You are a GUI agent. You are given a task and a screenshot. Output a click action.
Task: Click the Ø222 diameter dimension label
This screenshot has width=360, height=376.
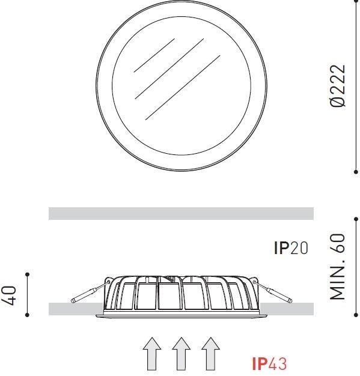coord(338,86)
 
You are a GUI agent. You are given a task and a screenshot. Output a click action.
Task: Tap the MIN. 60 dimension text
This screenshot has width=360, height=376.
coord(337,267)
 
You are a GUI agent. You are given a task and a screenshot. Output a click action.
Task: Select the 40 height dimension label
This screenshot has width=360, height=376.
coord(9,296)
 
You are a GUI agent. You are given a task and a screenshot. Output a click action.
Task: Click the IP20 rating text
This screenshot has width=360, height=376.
coord(291,247)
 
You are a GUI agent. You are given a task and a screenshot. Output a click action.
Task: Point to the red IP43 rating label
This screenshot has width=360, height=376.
coord(269,363)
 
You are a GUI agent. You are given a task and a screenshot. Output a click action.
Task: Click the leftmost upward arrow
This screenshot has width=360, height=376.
coord(152,354)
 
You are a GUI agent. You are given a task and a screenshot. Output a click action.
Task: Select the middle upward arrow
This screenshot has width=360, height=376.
coord(182,354)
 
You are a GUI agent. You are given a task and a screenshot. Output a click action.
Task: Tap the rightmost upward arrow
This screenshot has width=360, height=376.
coord(211,354)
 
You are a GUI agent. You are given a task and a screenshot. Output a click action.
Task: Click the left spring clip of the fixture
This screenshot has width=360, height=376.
coord(91,291)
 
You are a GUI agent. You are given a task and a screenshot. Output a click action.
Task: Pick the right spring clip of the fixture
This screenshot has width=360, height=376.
coord(273,291)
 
